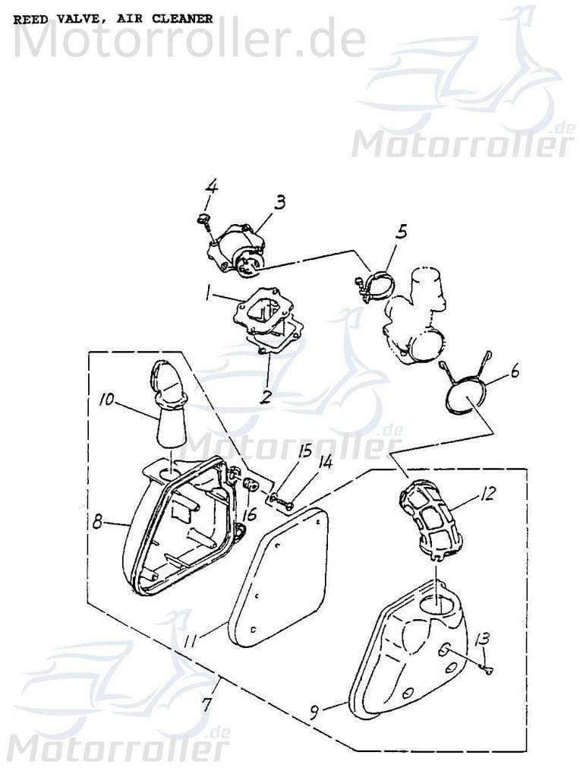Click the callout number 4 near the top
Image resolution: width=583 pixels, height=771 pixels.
pyautogui.click(x=212, y=186)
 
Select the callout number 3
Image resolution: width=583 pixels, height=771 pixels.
pyautogui.click(x=280, y=202)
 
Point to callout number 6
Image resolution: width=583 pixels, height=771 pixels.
pyautogui.click(x=515, y=372)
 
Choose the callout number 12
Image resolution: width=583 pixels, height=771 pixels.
pyautogui.click(x=508, y=495)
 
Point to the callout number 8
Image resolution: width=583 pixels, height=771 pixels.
pyautogui.click(x=98, y=522)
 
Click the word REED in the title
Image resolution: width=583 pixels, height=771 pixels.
pyautogui.click(x=30, y=19)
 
